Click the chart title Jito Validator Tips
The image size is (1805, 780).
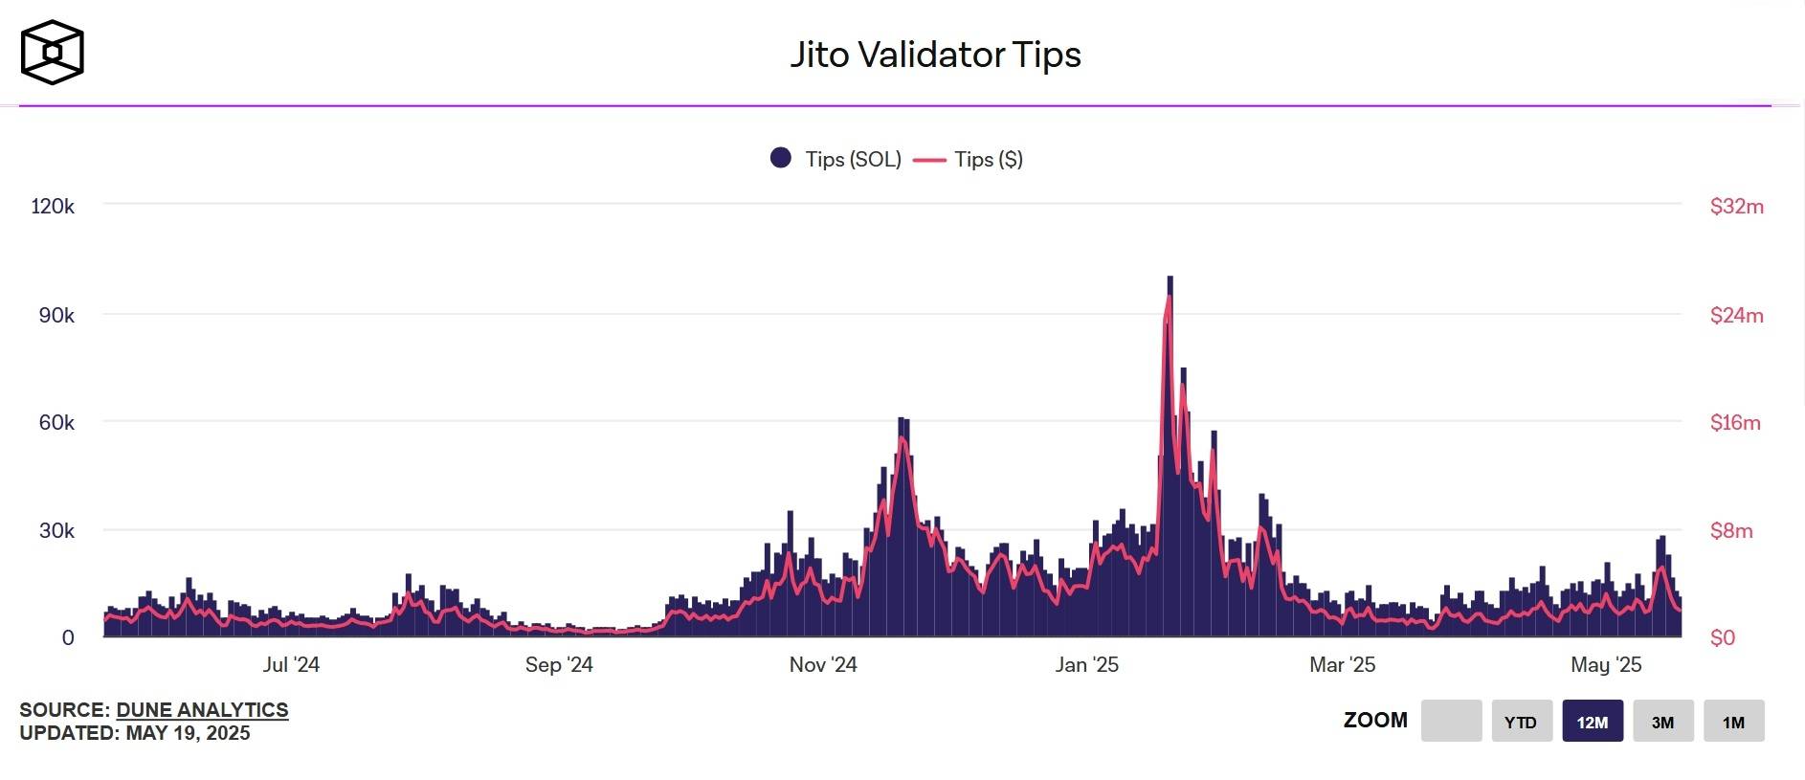(x=935, y=55)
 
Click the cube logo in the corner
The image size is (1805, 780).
(x=53, y=53)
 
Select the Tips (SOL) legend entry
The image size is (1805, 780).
(x=836, y=159)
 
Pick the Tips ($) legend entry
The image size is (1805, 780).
(x=969, y=159)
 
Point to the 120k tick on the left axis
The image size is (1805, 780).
(x=53, y=206)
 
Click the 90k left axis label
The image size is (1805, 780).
(x=56, y=315)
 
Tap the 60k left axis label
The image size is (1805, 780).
(x=56, y=422)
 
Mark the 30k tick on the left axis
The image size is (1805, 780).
(x=56, y=530)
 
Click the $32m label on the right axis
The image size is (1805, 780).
(x=1736, y=206)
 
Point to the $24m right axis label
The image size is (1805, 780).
(x=1736, y=315)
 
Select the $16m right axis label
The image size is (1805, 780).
(x=1735, y=422)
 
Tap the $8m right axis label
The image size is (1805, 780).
(x=1731, y=530)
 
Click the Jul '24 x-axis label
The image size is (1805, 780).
(x=291, y=664)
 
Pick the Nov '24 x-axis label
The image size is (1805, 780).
(x=823, y=664)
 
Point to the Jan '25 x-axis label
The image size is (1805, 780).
(x=1086, y=664)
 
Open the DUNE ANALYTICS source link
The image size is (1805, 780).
(x=202, y=709)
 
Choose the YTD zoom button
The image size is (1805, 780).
(x=1521, y=722)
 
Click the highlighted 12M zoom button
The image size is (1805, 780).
(x=1593, y=722)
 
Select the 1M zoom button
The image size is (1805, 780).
(x=1733, y=722)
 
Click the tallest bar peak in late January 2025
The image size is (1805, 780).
(x=1170, y=279)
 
